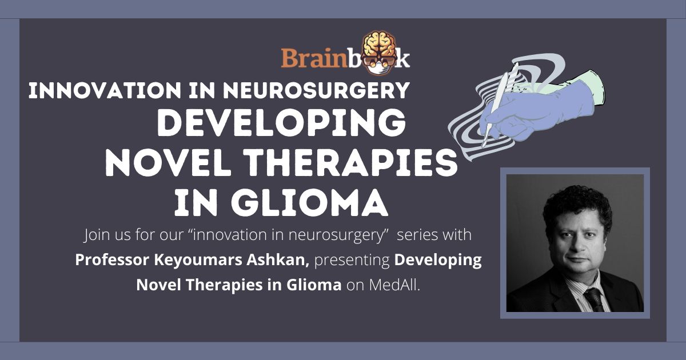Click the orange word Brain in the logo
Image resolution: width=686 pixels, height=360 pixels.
(314, 58)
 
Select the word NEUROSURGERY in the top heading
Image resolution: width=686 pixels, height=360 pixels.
(316, 90)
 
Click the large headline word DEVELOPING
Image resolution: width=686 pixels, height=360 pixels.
(281, 123)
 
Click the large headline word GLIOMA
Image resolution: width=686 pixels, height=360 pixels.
(309, 203)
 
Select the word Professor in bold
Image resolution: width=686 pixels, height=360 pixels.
(112, 260)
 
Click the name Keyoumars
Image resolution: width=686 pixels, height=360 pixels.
(198, 261)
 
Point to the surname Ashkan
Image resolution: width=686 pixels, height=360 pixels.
(278, 260)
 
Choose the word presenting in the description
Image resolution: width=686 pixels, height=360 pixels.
(352, 261)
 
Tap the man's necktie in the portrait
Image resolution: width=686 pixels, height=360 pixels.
(595, 299)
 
